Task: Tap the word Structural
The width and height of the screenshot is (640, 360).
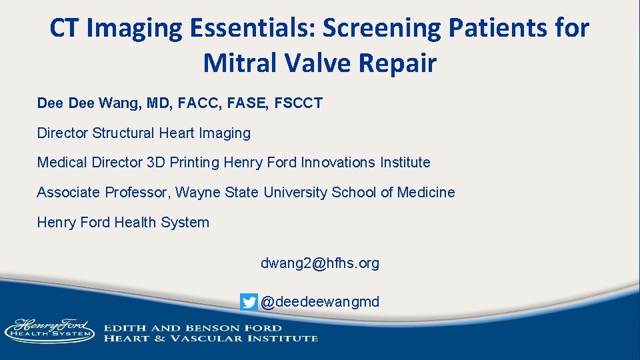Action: pos(123,133)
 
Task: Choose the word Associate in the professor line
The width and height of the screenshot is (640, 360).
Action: pos(68,193)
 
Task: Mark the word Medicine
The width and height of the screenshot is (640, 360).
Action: pos(426,193)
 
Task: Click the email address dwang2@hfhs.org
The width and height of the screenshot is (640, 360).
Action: pos(319,263)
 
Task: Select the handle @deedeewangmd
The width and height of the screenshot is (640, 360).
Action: pos(319,302)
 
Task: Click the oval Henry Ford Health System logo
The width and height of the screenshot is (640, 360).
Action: pos(49,330)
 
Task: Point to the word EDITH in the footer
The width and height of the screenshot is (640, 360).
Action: pos(123,328)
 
